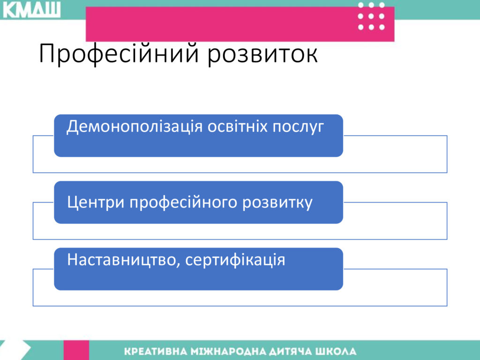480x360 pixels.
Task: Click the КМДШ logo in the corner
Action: (31, 10)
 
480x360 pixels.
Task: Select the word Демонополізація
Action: (135, 127)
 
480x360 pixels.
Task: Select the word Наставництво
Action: (122, 260)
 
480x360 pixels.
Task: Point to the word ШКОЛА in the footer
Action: (336, 351)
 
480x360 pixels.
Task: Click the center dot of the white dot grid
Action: (371, 16)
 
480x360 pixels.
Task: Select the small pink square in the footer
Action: (76, 350)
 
